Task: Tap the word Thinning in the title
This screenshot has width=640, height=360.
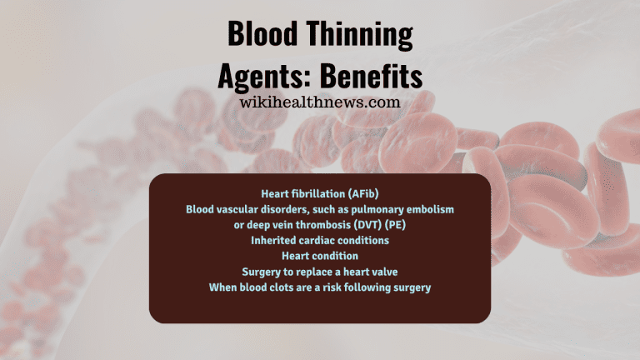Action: [x=360, y=36]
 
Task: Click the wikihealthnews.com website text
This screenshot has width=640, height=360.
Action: [x=319, y=102]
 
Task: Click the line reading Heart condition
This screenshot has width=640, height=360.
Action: [x=319, y=256]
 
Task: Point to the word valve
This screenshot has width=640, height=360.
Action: [x=381, y=272]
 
